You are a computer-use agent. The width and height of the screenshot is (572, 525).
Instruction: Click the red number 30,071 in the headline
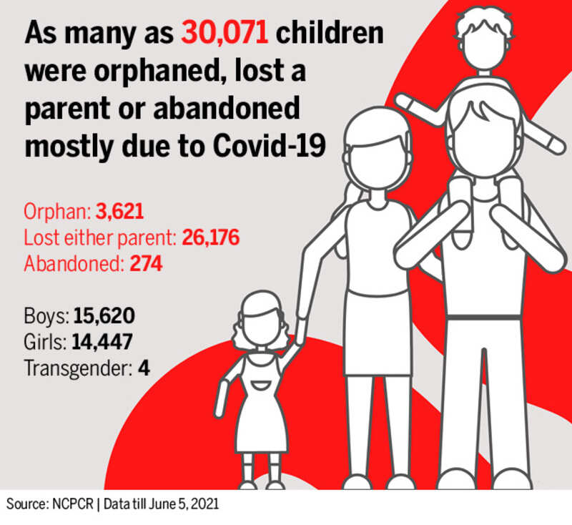pyautogui.click(x=225, y=34)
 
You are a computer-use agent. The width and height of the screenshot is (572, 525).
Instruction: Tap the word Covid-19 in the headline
pyautogui.click(x=269, y=147)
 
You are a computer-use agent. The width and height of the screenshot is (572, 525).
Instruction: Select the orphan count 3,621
pyautogui.click(x=119, y=212)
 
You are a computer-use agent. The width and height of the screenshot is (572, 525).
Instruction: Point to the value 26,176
pyautogui.click(x=210, y=237)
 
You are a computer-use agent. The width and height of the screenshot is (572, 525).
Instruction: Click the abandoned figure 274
pyautogui.click(x=146, y=263)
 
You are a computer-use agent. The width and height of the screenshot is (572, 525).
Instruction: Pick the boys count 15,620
pyautogui.click(x=104, y=316)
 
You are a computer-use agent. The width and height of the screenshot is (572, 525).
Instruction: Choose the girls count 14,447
pyautogui.click(x=102, y=342)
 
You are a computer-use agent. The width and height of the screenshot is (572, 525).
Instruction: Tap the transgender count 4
pyautogui.click(x=144, y=368)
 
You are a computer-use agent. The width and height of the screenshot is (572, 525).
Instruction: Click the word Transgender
pyautogui.click(x=78, y=369)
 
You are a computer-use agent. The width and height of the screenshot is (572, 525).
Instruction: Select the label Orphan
pyautogui.click(x=57, y=212)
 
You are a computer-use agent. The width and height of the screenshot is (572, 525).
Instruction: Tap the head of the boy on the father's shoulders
pyautogui.click(x=484, y=41)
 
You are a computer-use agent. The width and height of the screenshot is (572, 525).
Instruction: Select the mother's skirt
pyautogui.click(x=378, y=333)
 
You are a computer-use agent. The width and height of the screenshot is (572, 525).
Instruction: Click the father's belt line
pyautogui.click(x=484, y=318)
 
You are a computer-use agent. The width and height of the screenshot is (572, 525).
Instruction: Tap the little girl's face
pyautogui.click(x=261, y=328)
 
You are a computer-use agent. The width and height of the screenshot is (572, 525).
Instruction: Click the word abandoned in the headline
pyautogui.click(x=227, y=108)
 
